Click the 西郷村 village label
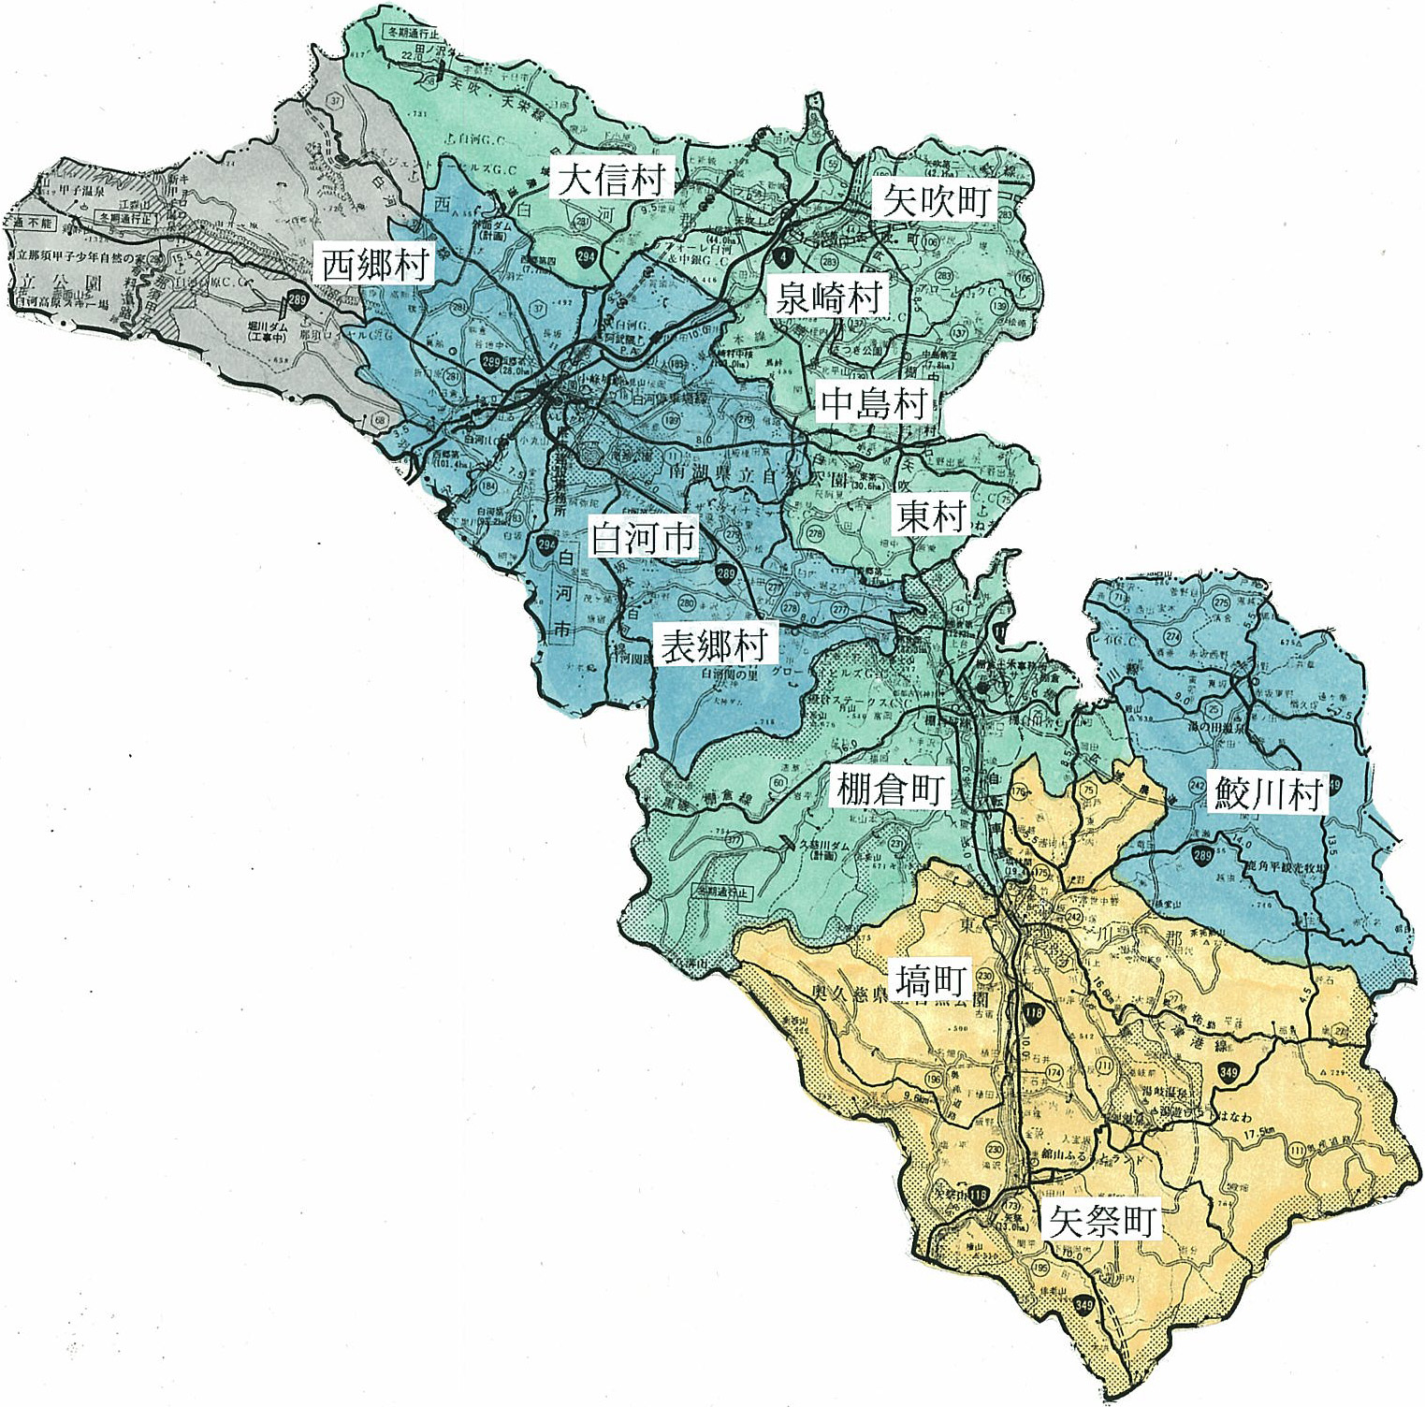click(x=374, y=265)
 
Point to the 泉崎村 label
click(x=828, y=297)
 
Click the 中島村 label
click(x=874, y=402)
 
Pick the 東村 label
click(x=930, y=515)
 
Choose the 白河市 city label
click(x=643, y=538)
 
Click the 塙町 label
click(x=930, y=980)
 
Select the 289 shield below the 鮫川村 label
click(x=1201, y=853)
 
